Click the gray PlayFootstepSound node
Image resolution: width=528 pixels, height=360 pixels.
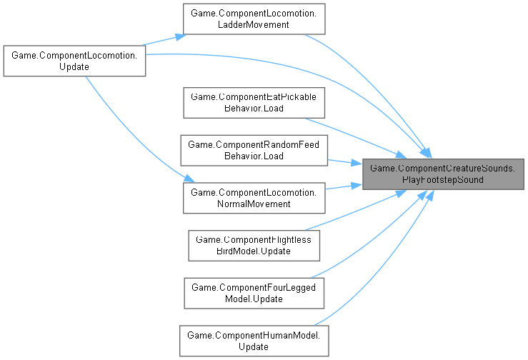point(444,174)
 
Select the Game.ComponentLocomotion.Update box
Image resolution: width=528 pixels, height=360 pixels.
point(74,61)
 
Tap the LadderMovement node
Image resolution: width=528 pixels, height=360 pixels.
point(254,19)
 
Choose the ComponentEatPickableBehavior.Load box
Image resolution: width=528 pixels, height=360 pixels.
point(254,102)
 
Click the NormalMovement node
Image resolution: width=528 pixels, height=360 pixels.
point(254,198)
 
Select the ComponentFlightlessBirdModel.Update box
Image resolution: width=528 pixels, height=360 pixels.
point(254,245)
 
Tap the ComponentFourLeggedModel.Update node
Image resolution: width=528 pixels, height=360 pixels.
point(254,293)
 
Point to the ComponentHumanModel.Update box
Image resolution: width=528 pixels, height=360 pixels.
point(254,341)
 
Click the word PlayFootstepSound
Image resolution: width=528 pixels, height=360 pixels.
point(444,179)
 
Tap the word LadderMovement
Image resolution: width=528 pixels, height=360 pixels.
point(254,25)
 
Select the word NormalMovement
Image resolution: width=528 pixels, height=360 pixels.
point(254,204)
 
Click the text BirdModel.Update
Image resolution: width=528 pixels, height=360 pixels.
point(254,251)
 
